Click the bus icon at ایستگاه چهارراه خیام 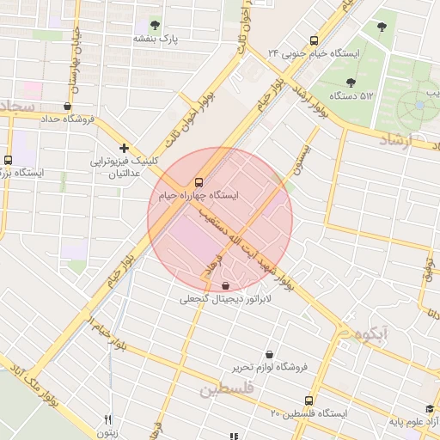pyautogui.click(x=199, y=182)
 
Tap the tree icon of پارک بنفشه pyautogui.click(x=155, y=25)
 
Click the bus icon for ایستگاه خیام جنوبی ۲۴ pyautogui.click(x=313, y=40)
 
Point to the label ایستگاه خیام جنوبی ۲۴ pyautogui.click(x=314, y=52)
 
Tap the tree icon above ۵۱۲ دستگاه pyautogui.click(x=351, y=82)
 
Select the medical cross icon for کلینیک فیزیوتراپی pyautogui.click(x=125, y=148)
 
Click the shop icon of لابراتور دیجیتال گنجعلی pyautogui.click(x=225, y=285)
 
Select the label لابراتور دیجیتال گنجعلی pyautogui.click(x=225, y=299)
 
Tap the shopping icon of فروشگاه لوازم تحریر pyautogui.click(x=269, y=354)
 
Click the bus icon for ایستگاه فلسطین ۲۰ pyautogui.click(x=309, y=400)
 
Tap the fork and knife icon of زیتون pyautogui.click(x=107, y=420)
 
